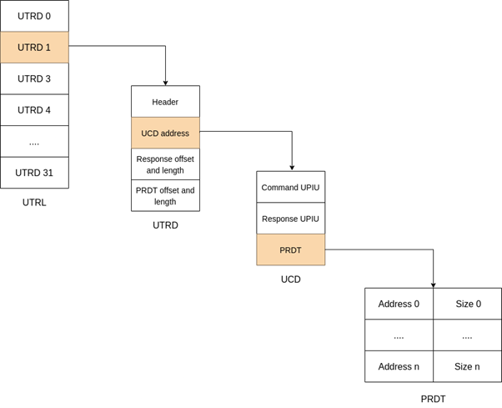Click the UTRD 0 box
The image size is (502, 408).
tap(34, 16)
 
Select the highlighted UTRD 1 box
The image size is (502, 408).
tap(34, 48)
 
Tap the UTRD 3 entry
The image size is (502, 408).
tap(34, 78)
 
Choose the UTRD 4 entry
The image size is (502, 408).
tap(34, 110)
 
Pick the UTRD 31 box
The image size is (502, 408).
tap(34, 173)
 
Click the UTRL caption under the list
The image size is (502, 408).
tap(34, 202)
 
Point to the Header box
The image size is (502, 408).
tap(165, 102)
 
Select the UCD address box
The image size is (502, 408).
tap(165, 133)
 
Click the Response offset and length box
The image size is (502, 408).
tap(165, 164)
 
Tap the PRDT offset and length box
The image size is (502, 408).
tap(165, 195)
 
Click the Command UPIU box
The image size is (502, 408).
tap(290, 187)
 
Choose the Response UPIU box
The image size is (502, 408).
tap(290, 219)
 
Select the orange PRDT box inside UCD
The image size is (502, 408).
tap(290, 249)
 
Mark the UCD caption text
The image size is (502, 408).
tap(290, 280)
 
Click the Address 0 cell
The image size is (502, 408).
tap(399, 304)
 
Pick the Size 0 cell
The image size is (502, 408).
tap(468, 304)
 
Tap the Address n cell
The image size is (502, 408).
tap(399, 366)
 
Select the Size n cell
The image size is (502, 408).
tap(468, 366)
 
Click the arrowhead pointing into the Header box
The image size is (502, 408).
tap(165, 83)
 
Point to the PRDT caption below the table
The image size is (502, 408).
tap(433, 399)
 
